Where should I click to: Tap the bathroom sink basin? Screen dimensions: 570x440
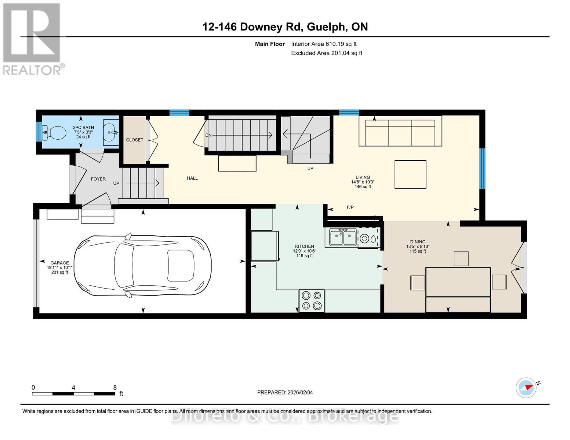pos(111,133)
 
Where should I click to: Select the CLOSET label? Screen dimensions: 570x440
pos(135,140)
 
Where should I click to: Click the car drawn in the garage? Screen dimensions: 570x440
pos(142,266)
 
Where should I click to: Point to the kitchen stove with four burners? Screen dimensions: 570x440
pos(312,301)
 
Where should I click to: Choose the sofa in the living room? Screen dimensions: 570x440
pos(400,131)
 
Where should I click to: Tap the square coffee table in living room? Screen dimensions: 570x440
pos(410,175)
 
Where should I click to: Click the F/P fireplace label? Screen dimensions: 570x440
pos(350,207)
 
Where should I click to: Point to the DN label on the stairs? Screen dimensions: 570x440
pos(208,135)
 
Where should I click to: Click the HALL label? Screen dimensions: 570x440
pos(192,178)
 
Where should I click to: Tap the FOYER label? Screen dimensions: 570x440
pos(98,179)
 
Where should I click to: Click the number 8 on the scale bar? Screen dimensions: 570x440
pos(115,387)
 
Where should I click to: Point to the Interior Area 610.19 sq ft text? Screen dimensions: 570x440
pos(324,44)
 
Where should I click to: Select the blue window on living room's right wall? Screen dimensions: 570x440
pos(482,169)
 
